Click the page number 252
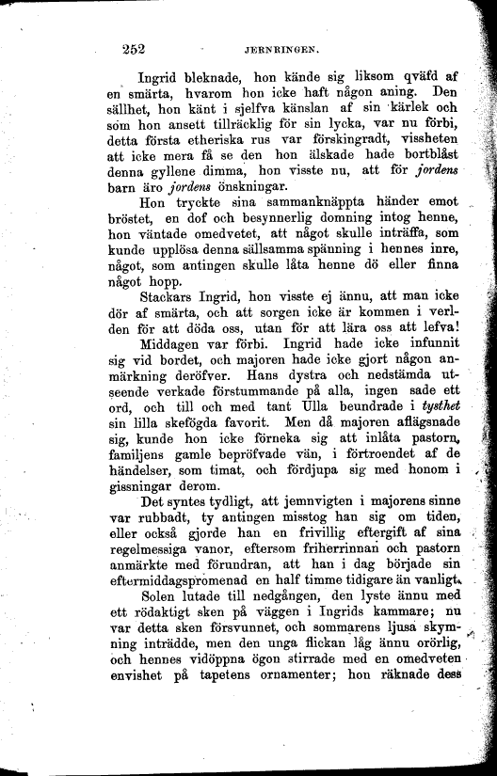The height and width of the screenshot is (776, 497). [137, 50]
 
